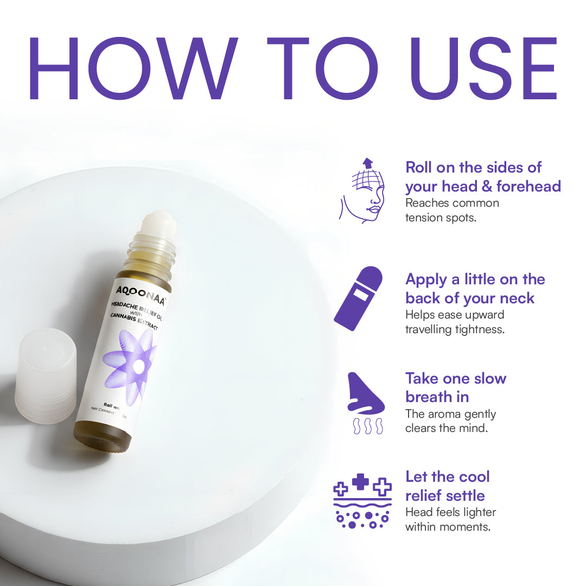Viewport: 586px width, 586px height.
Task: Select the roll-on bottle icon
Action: [359, 298]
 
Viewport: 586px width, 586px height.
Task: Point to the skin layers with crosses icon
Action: [362, 501]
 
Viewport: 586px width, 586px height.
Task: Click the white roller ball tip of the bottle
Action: [157, 222]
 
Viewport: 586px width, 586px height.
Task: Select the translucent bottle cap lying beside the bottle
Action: [46, 374]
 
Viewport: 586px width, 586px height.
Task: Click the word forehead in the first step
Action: [528, 186]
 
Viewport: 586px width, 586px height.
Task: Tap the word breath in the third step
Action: [429, 397]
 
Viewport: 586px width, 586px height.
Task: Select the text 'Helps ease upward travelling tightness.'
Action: [455, 322]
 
